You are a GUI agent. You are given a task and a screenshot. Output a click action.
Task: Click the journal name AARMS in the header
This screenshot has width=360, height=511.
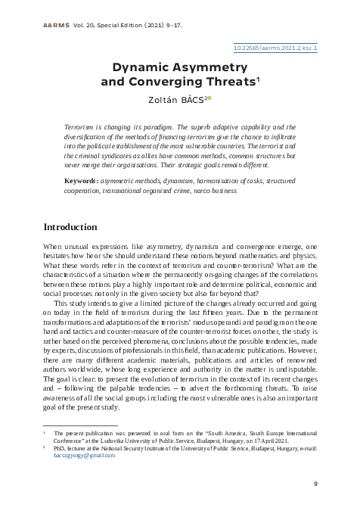pyautogui.click(x=47, y=23)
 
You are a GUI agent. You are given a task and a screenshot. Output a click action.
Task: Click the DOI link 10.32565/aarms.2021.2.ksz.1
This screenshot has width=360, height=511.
pyautogui.click(x=275, y=47)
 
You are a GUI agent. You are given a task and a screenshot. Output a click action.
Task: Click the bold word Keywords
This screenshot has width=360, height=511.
pyautogui.click(x=80, y=182)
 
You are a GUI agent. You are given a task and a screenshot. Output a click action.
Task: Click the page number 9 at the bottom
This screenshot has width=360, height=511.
pyautogui.click(x=315, y=483)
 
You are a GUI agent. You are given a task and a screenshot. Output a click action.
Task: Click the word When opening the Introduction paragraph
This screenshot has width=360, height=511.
pyautogui.click(x=54, y=247)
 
